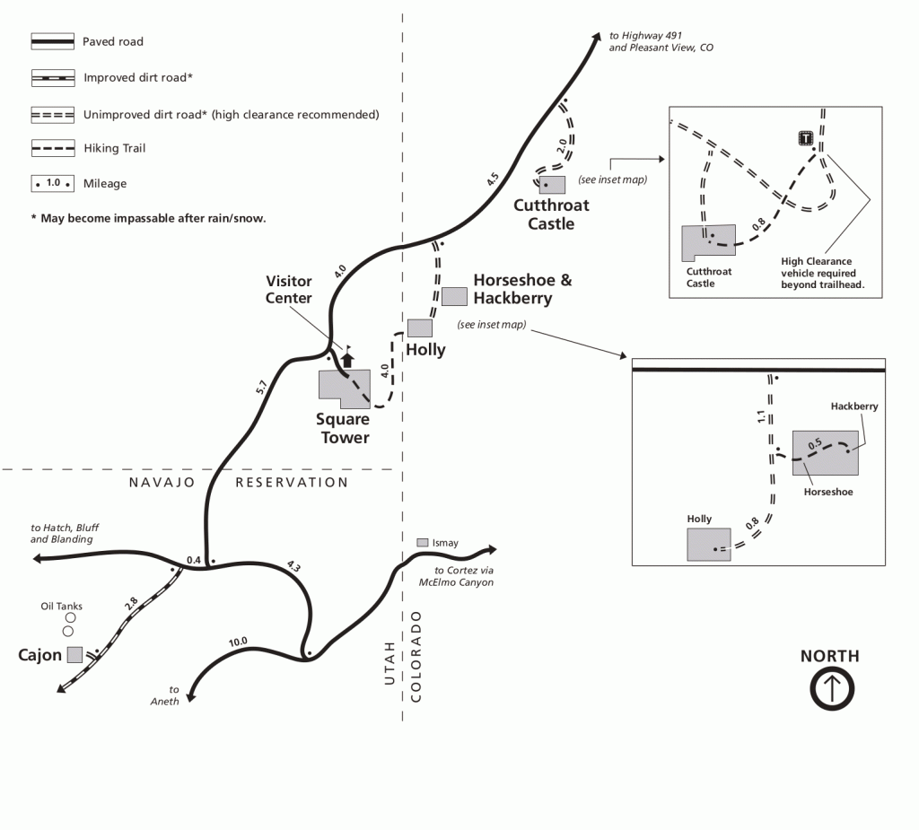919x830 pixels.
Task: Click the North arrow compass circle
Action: pos(831,690)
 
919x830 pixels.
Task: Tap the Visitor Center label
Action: pos(288,290)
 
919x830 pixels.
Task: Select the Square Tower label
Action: pos(342,429)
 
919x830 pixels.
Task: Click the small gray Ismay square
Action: pos(423,543)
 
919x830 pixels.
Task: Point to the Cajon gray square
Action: pos(75,654)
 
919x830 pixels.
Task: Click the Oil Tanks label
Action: pos(62,607)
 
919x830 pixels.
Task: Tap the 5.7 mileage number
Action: pos(261,389)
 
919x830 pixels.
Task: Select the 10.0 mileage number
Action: pos(238,642)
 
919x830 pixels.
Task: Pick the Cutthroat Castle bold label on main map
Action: pos(551,214)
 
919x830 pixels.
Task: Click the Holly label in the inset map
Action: pos(699,520)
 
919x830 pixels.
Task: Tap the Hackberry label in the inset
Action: pos(854,406)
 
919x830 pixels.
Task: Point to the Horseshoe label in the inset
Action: pos(827,492)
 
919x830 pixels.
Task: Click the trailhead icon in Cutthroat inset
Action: pos(806,138)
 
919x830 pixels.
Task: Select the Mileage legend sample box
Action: pos(52,182)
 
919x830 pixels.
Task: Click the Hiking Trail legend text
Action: pos(114,148)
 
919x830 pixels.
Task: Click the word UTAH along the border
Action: pos(389,663)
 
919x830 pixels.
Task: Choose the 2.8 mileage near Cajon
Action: pos(131,605)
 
